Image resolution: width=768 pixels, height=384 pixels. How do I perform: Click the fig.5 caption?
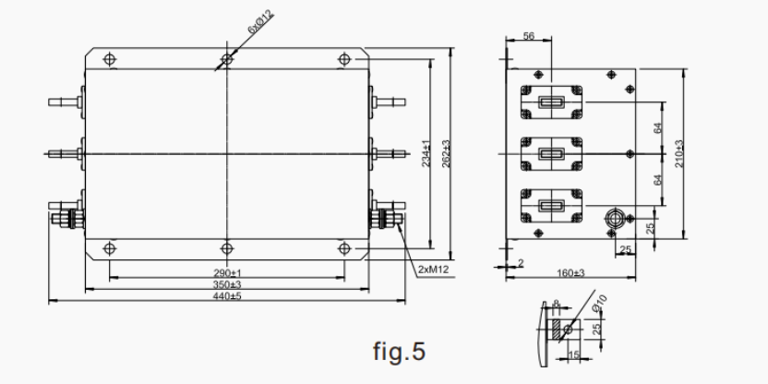click(x=399, y=352)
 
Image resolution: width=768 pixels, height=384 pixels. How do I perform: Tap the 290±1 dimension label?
click(x=226, y=273)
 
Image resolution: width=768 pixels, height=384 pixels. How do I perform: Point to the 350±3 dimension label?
click(x=226, y=285)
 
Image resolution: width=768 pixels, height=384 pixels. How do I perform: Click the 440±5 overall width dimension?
click(x=226, y=296)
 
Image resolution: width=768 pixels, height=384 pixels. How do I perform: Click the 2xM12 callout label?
click(x=431, y=270)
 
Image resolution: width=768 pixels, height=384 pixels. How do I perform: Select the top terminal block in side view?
click(x=551, y=103)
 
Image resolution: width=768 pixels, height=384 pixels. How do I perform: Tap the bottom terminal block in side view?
click(x=551, y=205)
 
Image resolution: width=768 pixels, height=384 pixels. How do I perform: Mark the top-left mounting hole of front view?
click(x=110, y=59)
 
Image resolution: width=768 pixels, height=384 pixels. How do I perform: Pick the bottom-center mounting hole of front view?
click(x=226, y=247)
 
